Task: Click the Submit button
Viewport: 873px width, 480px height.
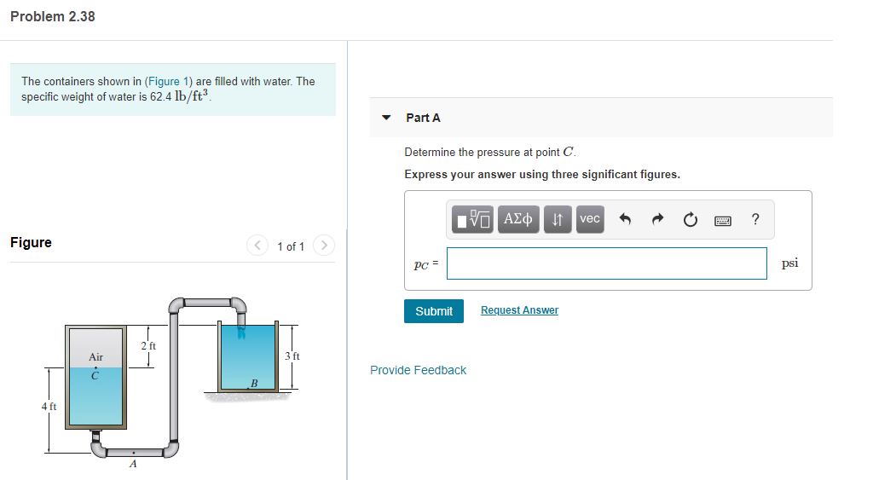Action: tap(434, 311)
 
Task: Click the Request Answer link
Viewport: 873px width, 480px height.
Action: tap(519, 310)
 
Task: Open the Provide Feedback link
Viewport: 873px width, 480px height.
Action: tap(418, 370)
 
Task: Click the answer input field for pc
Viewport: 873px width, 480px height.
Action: tap(606, 263)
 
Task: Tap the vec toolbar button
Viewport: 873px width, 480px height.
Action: tap(589, 219)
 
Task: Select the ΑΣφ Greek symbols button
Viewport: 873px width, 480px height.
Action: tap(518, 219)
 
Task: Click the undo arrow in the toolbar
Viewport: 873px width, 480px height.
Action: tap(624, 220)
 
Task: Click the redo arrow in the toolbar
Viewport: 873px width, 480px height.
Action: tap(657, 220)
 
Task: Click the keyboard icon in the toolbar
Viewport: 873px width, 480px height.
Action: tap(723, 220)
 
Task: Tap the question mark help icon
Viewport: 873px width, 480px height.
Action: tap(755, 219)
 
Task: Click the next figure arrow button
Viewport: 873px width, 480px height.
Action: tap(323, 246)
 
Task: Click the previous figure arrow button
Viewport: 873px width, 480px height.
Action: tap(258, 246)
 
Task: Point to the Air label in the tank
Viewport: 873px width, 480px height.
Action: tap(95, 357)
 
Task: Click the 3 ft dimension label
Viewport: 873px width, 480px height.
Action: tap(292, 356)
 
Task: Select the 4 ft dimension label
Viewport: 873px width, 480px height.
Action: tap(49, 407)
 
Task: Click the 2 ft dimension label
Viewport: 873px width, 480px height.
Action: tap(148, 345)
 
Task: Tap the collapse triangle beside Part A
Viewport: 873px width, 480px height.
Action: tap(387, 118)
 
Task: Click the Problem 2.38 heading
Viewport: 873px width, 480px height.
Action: tap(53, 16)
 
